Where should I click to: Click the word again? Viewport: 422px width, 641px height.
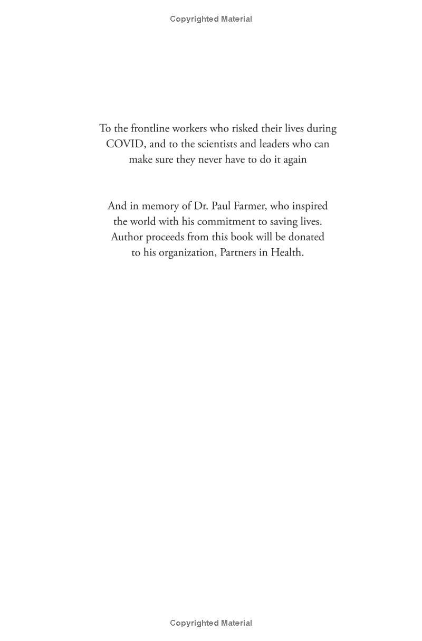coord(294,159)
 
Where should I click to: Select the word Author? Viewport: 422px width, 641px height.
coord(127,237)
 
